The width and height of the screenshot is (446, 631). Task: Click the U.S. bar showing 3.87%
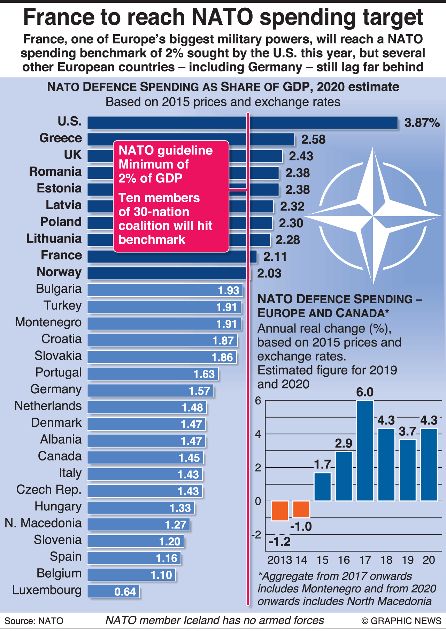pyautogui.click(x=243, y=123)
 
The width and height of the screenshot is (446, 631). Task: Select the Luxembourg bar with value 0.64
pyautogui.click(x=113, y=592)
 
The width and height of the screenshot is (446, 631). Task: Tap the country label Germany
pyautogui.click(x=56, y=389)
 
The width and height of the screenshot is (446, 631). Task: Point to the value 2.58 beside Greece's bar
pyautogui.click(x=313, y=139)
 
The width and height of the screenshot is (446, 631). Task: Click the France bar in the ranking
pyautogui.click(x=172, y=257)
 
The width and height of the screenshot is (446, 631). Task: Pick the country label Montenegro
pyautogui.click(x=48, y=322)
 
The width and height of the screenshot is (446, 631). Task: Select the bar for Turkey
pyautogui.click(x=164, y=307)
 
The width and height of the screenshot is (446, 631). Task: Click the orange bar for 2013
pyautogui.click(x=280, y=511)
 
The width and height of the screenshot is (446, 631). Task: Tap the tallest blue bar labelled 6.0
pyautogui.click(x=365, y=450)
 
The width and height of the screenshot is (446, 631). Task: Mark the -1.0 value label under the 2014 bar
pyautogui.click(x=301, y=526)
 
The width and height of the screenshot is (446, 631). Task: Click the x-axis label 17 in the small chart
pyautogui.click(x=365, y=560)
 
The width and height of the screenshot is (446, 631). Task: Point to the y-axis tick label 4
pyautogui.click(x=258, y=434)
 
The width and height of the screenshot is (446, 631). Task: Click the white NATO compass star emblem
pyautogui.click(x=373, y=216)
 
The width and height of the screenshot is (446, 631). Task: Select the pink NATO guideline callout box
pyautogui.click(x=171, y=196)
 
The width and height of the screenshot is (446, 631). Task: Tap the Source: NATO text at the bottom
pyautogui.click(x=34, y=621)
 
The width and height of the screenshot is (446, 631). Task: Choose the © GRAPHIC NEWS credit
pyautogui.click(x=401, y=621)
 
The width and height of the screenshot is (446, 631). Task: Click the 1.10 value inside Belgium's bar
pyautogui.click(x=161, y=575)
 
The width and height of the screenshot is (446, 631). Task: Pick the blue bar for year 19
pyautogui.click(x=407, y=470)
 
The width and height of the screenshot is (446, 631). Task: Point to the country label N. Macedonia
pyautogui.click(x=43, y=523)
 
